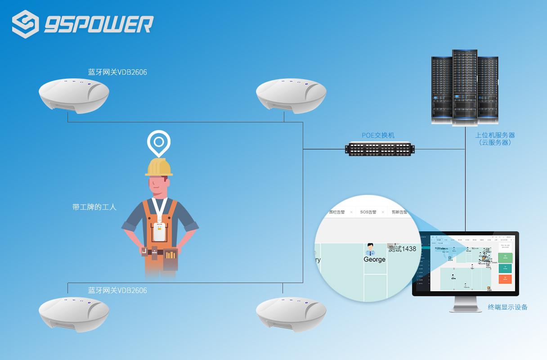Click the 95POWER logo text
(x=99, y=24)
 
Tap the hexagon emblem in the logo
(x=26, y=24)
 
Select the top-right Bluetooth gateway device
(x=291, y=94)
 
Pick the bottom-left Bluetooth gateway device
(x=74, y=314)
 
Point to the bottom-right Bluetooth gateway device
(x=291, y=314)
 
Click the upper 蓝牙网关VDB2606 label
(x=117, y=72)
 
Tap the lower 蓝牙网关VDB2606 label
(x=117, y=290)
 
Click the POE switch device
(x=380, y=149)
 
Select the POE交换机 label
(x=378, y=135)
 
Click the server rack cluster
(x=465, y=88)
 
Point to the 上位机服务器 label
(x=495, y=135)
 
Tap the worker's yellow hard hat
(x=159, y=167)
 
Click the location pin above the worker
(x=159, y=142)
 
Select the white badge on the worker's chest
(x=158, y=231)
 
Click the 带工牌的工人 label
(x=94, y=207)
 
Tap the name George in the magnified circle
(x=374, y=260)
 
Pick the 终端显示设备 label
(x=507, y=307)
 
